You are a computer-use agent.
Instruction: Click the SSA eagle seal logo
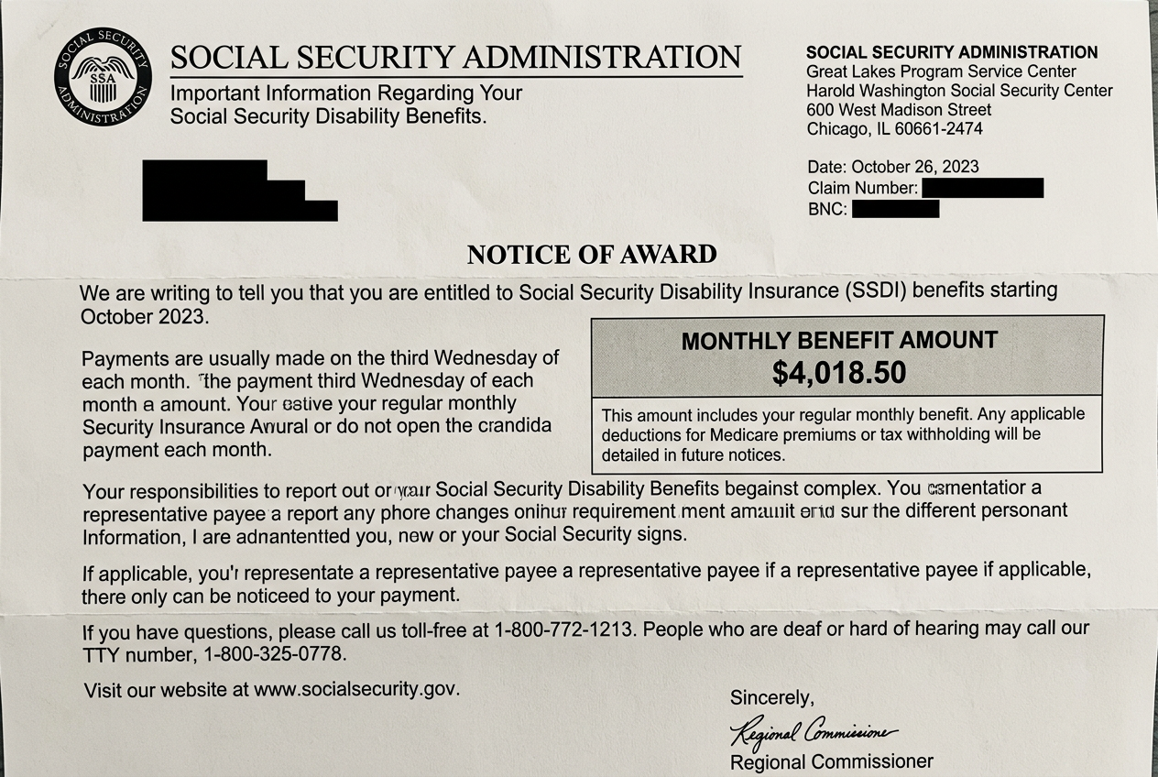point(103,77)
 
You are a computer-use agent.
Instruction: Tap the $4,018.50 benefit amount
point(839,372)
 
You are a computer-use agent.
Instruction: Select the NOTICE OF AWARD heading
point(592,254)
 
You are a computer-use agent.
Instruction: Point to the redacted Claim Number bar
point(982,189)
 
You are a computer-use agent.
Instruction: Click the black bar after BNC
point(895,209)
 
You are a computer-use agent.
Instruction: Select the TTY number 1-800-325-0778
point(276,655)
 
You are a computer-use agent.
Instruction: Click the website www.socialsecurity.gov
point(356,689)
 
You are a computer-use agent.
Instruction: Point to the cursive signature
point(812,731)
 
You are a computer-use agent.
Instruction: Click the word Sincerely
point(771,698)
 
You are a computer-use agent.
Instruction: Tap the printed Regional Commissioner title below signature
point(831,761)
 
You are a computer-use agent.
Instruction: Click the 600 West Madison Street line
point(899,110)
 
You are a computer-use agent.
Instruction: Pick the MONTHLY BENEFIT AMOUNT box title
point(839,341)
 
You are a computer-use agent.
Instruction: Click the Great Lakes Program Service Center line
point(941,71)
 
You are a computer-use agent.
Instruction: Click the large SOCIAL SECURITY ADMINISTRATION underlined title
point(455,58)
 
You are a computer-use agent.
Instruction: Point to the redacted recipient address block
point(239,191)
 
